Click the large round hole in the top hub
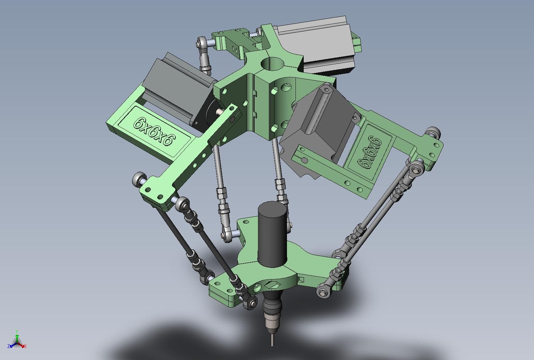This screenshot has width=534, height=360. coord(272,63)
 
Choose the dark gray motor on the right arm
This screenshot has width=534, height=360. coord(317,123)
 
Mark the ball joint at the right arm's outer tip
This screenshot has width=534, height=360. coord(432,132)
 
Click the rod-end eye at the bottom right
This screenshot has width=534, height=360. coord(322,292)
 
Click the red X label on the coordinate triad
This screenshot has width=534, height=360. coord(26,346)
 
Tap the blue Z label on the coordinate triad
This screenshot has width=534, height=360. coord(8,346)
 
